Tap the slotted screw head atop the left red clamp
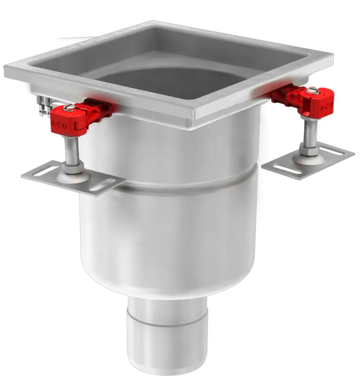pyautogui.click(x=68, y=107)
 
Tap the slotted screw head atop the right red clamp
pyautogui.click(x=312, y=90)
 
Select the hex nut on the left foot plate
pyautogui.click(x=72, y=167)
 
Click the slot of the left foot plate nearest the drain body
pyautogui.click(x=102, y=185)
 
